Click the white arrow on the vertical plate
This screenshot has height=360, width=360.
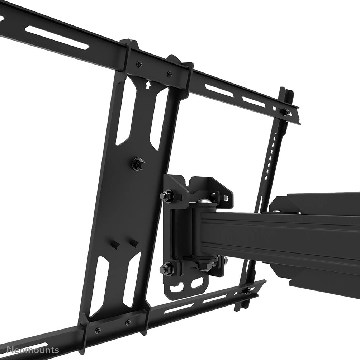[x=147, y=85]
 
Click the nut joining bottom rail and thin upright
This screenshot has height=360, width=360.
[x=248, y=292]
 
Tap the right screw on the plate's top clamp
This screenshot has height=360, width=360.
[x=169, y=75]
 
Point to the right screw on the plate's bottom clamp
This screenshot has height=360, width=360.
[x=128, y=322]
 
